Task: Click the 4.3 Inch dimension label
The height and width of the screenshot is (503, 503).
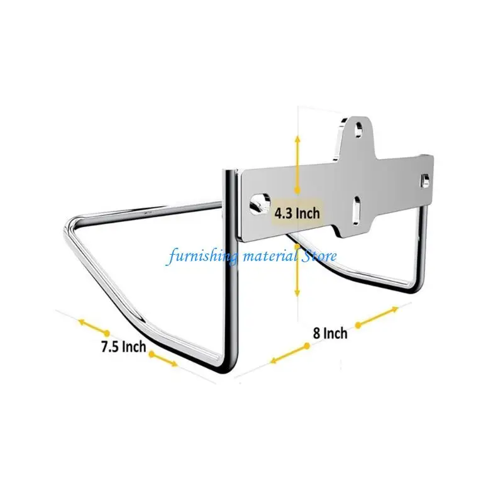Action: pyautogui.click(x=297, y=213)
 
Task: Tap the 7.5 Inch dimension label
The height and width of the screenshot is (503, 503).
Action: pyautogui.click(x=123, y=347)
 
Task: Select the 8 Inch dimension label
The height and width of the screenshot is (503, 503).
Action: pyautogui.click(x=330, y=333)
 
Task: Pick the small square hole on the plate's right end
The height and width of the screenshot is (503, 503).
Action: pyautogui.click(x=425, y=180)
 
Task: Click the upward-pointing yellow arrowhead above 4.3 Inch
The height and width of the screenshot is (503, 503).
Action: pyautogui.click(x=297, y=140)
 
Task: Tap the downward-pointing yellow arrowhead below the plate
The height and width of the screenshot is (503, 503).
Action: pyautogui.click(x=297, y=292)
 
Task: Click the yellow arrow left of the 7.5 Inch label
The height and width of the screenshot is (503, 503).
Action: pyautogui.click(x=93, y=327)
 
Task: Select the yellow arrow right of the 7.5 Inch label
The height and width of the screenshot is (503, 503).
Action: pyautogui.click(x=163, y=359)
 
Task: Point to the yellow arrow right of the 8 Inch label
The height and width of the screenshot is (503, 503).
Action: pyautogui.click(x=377, y=317)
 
